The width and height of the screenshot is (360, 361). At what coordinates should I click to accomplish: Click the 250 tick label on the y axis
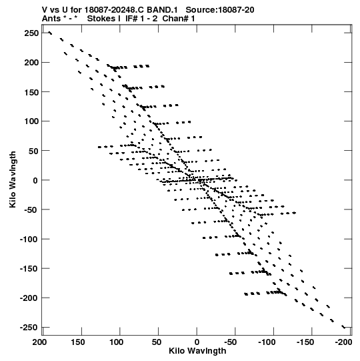[31, 33]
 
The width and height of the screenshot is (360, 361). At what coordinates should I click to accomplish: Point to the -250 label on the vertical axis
[29, 327]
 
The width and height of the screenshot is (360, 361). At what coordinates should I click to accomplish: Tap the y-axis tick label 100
[31, 121]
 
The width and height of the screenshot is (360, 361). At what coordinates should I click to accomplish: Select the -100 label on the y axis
[29, 239]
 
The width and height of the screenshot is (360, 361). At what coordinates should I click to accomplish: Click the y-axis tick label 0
[35, 180]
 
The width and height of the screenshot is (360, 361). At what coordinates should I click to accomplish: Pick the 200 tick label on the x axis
[39, 342]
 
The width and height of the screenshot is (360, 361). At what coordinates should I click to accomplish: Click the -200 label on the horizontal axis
[344, 342]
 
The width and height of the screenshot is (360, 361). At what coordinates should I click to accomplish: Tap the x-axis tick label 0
[197, 342]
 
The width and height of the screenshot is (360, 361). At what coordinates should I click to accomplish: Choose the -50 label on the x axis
[231, 342]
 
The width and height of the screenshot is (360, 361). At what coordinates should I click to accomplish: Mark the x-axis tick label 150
[78, 342]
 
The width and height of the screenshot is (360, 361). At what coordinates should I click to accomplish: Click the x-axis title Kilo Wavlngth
[197, 351]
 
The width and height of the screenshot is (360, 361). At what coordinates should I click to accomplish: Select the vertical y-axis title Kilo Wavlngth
[13, 179]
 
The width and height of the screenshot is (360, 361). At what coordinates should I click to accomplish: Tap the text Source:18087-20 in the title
[220, 10]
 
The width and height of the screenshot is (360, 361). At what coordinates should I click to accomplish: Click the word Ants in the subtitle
[51, 19]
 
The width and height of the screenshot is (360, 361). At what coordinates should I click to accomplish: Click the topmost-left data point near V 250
[50, 33]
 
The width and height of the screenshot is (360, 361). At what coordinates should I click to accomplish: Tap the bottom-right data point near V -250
[344, 327]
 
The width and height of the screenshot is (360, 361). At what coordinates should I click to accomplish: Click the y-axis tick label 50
[33, 151]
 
